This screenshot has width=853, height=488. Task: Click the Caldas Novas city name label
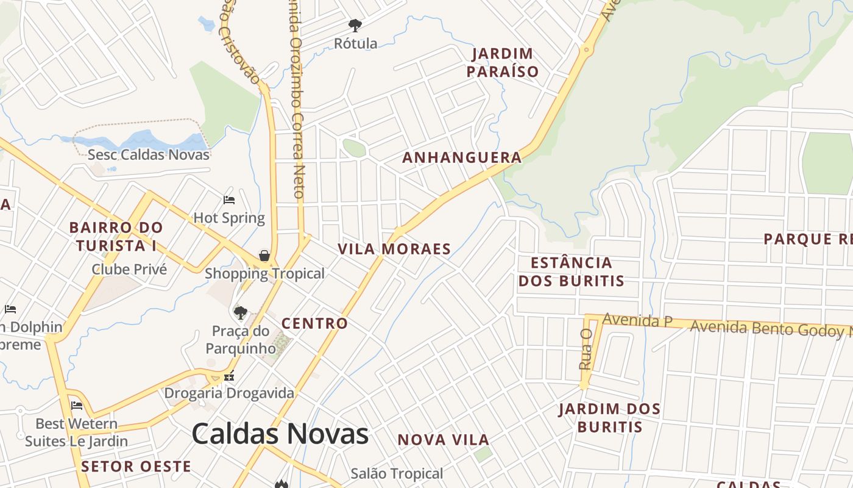280,434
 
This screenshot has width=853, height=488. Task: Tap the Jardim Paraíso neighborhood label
503,63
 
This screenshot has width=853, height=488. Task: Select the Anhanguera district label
462,157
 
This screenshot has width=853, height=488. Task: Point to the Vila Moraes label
394,249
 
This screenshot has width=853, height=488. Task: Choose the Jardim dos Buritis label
609,418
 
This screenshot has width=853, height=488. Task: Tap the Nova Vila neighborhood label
444,440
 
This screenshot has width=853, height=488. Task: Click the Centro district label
314,323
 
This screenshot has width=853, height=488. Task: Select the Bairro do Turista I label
116,237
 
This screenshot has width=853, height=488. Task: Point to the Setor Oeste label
136,467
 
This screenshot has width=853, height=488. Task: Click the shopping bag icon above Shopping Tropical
264,256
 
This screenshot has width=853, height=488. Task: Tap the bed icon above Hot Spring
229,200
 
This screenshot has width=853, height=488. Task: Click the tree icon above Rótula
355,26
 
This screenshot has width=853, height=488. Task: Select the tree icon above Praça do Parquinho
241,313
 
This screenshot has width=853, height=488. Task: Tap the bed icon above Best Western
77,405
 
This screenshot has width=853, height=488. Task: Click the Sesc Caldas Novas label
149,154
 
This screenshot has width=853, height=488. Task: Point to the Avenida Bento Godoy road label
771,329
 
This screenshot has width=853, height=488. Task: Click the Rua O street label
586,349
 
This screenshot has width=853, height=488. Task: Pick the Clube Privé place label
129,269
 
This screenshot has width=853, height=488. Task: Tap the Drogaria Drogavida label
229,393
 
